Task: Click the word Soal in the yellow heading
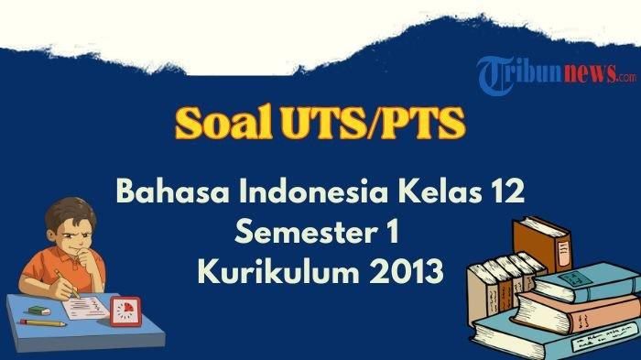(224, 122)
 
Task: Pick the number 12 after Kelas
(508, 191)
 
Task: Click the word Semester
(306, 231)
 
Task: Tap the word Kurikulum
(278, 271)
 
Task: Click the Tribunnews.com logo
(556, 74)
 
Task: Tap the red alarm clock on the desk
(126, 311)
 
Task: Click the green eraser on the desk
(39, 311)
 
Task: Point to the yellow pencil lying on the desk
(43, 322)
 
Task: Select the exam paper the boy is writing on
(86, 308)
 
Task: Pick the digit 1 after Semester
(393, 231)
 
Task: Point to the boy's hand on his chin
(87, 257)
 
